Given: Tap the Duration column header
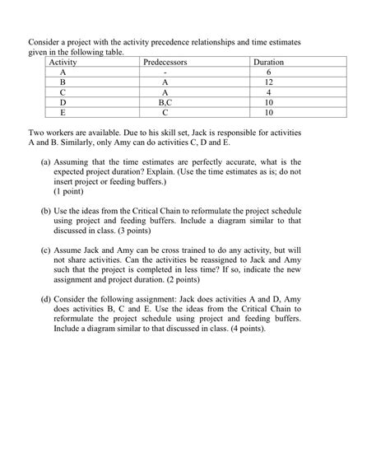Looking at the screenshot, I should (268, 63).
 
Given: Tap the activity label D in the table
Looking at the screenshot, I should (63, 103).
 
